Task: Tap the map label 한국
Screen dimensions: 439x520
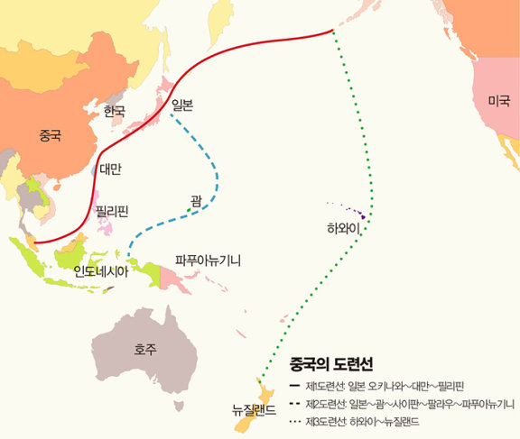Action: pos(115,111)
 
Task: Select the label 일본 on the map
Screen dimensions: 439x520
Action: pos(182,105)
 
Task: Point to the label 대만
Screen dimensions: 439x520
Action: pos(110,168)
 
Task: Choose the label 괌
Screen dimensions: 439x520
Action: pos(196,199)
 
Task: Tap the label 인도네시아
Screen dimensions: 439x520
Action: pos(101,270)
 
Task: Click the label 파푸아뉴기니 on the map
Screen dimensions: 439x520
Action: pos(209,260)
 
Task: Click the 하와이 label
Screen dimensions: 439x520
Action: pos(344,229)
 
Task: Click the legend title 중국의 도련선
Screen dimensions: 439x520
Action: pos(331,364)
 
